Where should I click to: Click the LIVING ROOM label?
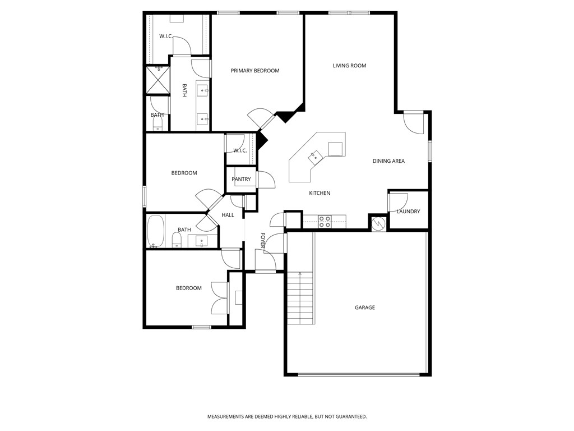[x=349, y=66]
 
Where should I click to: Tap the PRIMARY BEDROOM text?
[x=255, y=71]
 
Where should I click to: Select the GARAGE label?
[x=364, y=308]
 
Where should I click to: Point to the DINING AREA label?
[x=388, y=161]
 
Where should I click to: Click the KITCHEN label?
[x=320, y=193]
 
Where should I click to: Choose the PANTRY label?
[x=241, y=179]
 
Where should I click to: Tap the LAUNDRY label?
[x=408, y=212]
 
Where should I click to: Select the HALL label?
[x=228, y=215]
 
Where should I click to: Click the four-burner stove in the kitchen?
[x=325, y=222]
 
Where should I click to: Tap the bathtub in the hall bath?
[x=155, y=231]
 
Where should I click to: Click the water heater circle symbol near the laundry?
[x=378, y=223]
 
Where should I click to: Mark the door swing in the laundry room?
[x=397, y=201]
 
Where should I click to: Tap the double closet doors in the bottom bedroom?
[x=219, y=297]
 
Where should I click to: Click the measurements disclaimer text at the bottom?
[x=287, y=416]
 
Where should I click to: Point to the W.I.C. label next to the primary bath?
[x=165, y=36]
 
